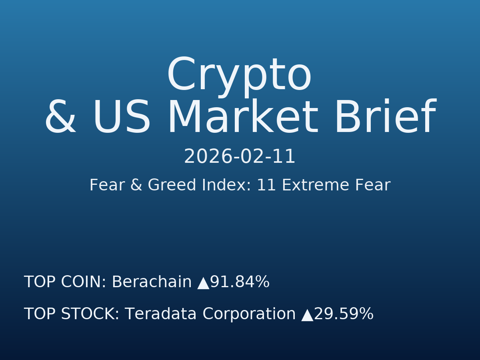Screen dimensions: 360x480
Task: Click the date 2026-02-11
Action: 240,157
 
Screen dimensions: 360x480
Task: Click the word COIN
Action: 84,282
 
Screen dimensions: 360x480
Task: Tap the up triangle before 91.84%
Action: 203,283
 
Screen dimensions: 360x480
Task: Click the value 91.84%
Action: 240,282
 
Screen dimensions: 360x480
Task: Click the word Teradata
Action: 160,314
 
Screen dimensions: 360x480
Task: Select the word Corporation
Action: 248,314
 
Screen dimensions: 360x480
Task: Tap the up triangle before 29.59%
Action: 307,315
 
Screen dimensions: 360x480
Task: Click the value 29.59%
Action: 344,314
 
